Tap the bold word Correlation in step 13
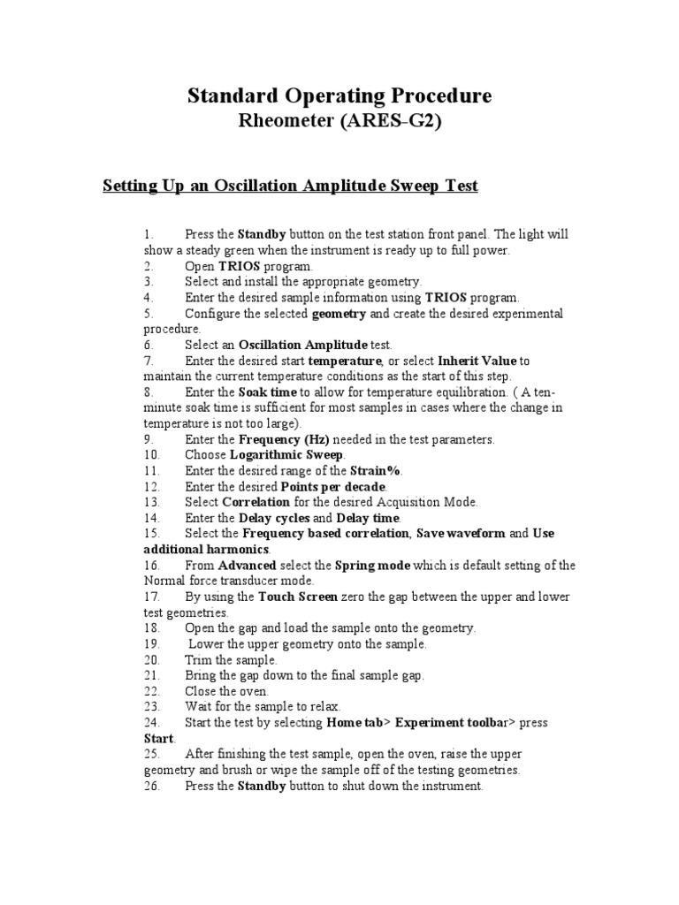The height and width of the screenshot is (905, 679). [256, 502]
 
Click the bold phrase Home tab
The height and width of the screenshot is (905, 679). [354, 722]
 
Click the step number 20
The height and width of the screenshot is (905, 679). [149, 659]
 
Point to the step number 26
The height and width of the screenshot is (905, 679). [149, 786]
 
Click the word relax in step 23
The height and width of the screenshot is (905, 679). [324, 706]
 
